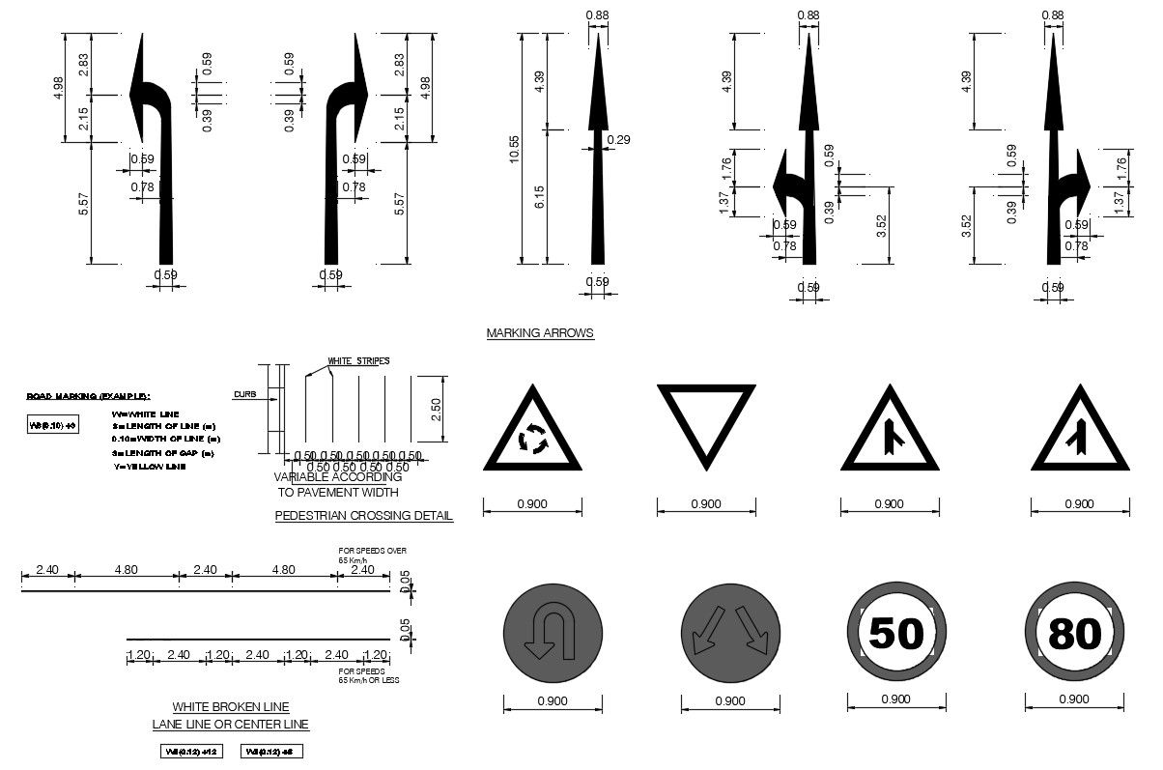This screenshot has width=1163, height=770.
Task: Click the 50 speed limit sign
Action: click(895, 634)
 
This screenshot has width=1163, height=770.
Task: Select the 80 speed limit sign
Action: click(1074, 634)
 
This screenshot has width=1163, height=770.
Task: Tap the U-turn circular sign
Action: click(553, 634)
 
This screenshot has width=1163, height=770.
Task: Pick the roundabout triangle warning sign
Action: click(532, 434)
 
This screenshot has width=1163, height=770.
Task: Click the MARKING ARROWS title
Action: click(540, 333)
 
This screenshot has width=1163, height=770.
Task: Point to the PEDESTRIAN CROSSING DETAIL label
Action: click(363, 516)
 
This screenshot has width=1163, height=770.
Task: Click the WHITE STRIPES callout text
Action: click(358, 361)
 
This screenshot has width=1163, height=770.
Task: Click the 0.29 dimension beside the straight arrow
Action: click(618, 141)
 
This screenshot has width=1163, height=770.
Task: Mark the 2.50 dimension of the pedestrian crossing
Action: click(436, 410)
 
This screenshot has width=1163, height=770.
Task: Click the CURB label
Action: click(242, 394)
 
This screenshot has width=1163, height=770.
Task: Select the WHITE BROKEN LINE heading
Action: click(231, 707)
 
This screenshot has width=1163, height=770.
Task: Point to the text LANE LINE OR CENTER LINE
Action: click(231, 725)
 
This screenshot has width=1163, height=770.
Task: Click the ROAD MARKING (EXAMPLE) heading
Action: click(88, 396)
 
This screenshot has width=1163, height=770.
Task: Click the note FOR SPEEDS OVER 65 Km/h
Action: click(372, 555)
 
